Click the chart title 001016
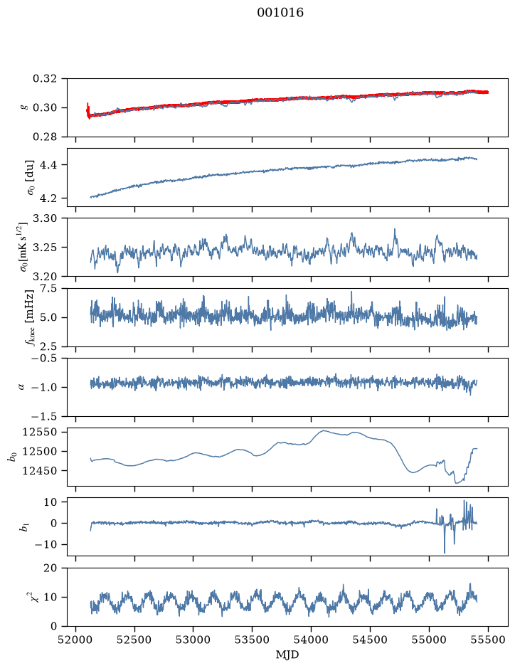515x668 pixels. (280, 13)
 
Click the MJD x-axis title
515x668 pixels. (287, 654)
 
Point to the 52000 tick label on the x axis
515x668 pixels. (76, 640)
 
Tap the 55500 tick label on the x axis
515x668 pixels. (488, 640)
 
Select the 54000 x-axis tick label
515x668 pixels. (311, 640)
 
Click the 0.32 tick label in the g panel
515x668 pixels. (45, 79)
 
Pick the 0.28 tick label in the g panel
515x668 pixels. (45, 137)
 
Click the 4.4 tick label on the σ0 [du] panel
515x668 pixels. (48, 165)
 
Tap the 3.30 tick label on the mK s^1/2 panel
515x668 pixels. (45, 218)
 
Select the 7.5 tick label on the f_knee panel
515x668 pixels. (48, 288)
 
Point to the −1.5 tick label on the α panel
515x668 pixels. (42, 416)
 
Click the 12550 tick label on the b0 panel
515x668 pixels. (40, 432)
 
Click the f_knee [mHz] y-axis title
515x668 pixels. (29, 317)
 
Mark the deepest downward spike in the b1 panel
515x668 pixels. (445, 552)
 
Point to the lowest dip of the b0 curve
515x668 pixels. (457, 483)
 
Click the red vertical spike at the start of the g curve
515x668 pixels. (87, 110)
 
